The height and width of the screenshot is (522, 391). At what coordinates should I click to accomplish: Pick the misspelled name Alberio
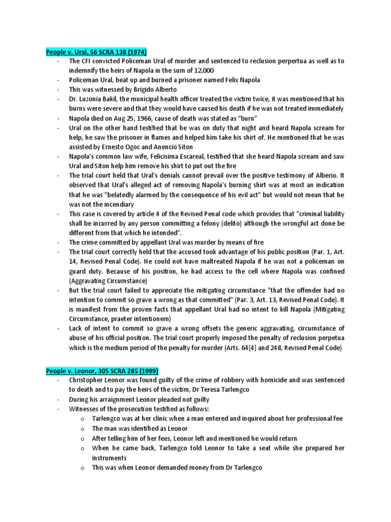tap(317, 176)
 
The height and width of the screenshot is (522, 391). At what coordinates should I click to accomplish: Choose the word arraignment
tap(114, 400)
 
